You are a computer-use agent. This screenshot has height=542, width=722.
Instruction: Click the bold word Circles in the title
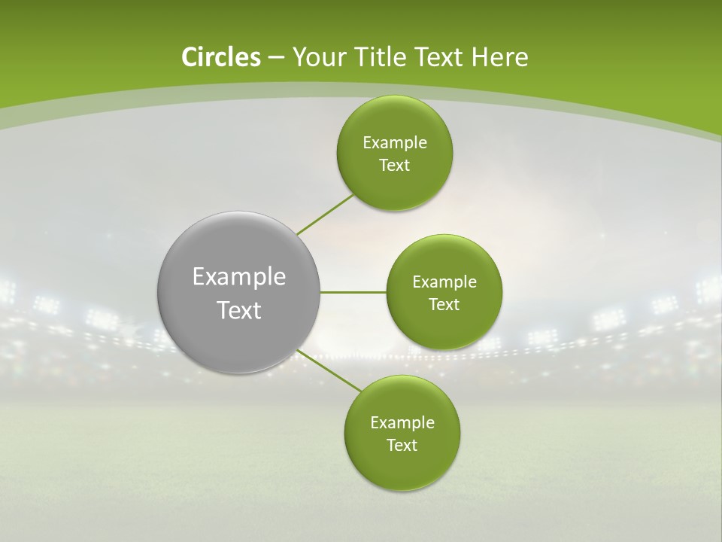pos(220,57)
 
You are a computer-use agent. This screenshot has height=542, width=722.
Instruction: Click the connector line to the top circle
pos(325,215)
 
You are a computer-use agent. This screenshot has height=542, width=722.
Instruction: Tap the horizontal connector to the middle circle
pos(353,292)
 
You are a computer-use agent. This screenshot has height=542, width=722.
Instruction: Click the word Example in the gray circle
pos(239,277)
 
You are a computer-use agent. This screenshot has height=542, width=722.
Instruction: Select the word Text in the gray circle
pos(239,310)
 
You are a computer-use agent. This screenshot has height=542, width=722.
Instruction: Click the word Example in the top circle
pos(395,143)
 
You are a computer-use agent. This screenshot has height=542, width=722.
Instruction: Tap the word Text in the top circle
pos(395,166)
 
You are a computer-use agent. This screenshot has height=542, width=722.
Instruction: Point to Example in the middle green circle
pos(444,282)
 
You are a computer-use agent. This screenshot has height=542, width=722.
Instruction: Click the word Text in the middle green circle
pos(444,304)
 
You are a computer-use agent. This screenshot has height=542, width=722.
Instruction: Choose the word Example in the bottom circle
pos(402,423)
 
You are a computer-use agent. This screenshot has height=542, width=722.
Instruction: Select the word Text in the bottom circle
pos(402,445)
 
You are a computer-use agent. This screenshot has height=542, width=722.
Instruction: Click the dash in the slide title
pos(276,58)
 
